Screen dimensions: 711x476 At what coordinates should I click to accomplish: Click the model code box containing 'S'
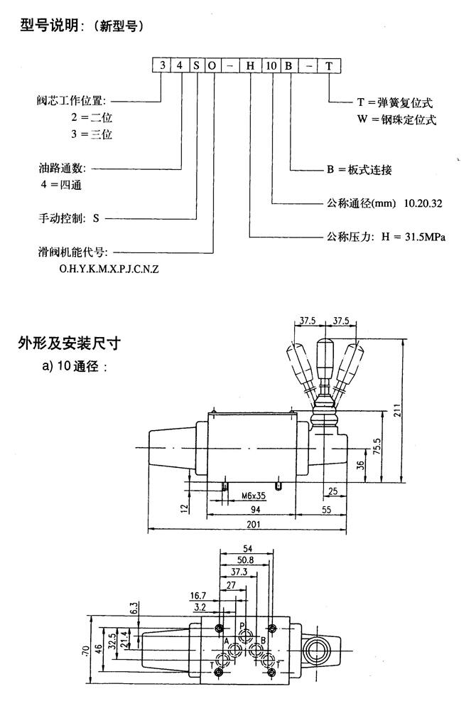click(x=196, y=66)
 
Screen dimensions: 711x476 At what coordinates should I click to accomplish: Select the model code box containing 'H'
click(x=250, y=66)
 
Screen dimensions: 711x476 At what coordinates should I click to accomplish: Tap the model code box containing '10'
click(x=272, y=66)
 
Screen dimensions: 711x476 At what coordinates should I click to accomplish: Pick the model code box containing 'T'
click(x=328, y=66)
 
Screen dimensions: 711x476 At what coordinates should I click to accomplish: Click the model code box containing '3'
click(x=163, y=66)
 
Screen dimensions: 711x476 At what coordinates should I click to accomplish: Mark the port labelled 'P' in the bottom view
click(x=242, y=627)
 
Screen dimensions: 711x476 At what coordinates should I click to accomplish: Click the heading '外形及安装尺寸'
click(x=68, y=345)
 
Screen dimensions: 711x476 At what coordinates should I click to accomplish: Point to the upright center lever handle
click(x=325, y=359)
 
